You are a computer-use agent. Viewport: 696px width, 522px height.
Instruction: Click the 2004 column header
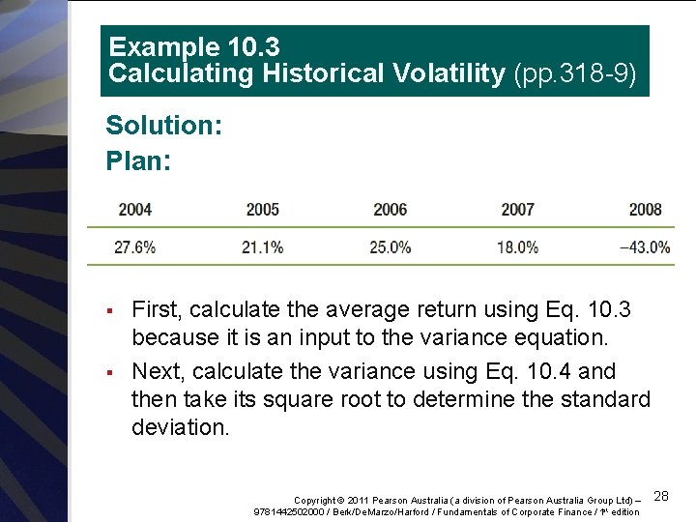[x=134, y=210]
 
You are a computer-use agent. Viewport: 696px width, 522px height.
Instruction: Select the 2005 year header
[x=262, y=210]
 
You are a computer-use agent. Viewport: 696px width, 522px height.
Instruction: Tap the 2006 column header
[x=390, y=210]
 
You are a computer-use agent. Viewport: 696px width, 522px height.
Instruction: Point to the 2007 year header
[x=517, y=210]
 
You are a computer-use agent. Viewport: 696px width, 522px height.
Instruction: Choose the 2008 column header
[x=645, y=210]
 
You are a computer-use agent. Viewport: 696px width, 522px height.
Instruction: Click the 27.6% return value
[x=134, y=247]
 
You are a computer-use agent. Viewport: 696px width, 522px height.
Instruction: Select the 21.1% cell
[x=262, y=247]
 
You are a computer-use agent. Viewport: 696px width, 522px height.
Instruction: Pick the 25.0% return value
[x=390, y=247]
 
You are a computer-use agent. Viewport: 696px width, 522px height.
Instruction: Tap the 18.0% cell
[x=517, y=247]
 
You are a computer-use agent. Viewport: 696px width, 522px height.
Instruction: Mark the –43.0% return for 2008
[x=644, y=247]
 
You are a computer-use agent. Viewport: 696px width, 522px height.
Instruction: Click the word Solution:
[x=163, y=126]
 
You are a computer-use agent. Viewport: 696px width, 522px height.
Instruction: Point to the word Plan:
[x=138, y=159]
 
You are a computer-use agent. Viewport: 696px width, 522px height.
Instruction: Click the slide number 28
[x=661, y=496]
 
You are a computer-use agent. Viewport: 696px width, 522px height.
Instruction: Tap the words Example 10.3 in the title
[x=180, y=46]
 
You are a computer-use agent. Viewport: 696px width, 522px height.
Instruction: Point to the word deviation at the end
[x=180, y=427]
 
